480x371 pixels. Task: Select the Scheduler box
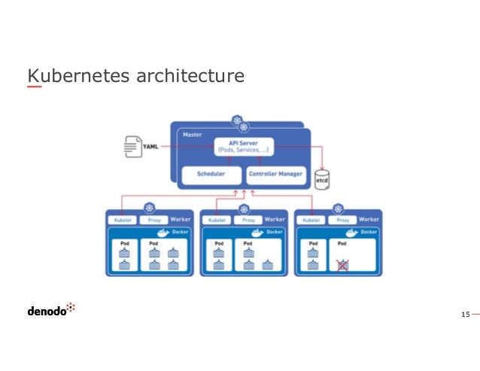coord(211,175)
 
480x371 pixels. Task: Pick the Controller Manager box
coord(275,175)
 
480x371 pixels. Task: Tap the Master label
coord(193,134)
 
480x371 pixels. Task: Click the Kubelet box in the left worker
coord(121,220)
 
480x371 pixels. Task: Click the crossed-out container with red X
coord(342,265)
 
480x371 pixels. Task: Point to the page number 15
coord(465,312)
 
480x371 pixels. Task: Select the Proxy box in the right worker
coord(342,220)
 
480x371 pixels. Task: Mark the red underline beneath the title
coord(35,87)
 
